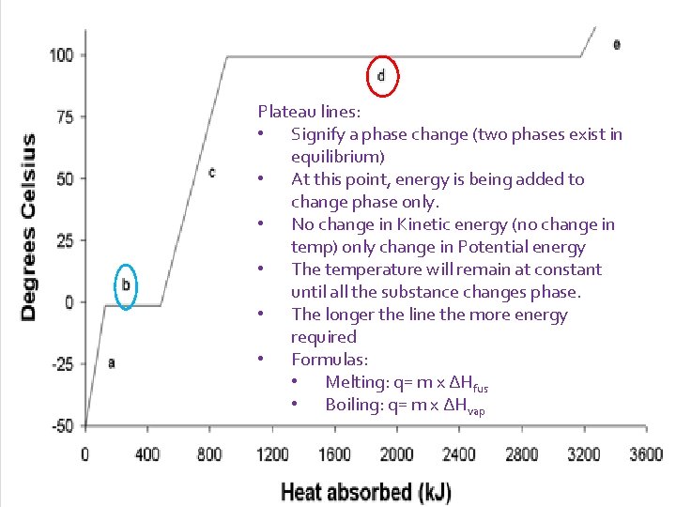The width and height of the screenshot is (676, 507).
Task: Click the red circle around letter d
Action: [367, 76]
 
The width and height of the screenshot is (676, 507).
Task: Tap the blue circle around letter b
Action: [115, 286]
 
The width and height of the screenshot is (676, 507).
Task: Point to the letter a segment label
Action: [112, 363]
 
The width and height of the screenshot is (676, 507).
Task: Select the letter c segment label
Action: [211, 173]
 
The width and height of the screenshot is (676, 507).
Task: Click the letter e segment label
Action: [617, 44]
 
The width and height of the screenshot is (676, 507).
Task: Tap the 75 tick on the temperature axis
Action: [65, 116]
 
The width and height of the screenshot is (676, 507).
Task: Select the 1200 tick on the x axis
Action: [272, 454]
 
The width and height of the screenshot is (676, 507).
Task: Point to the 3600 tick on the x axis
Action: [646, 454]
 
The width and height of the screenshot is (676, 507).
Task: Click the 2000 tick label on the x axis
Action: [396, 454]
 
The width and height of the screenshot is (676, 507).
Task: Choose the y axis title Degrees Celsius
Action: [28, 227]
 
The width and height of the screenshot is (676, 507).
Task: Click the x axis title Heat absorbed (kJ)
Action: [366, 492]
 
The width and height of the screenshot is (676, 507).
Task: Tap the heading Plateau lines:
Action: [309, 112]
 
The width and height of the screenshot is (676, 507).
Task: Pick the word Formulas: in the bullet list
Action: [330, 359]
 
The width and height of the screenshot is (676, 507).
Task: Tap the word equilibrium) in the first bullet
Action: [338, 157]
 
